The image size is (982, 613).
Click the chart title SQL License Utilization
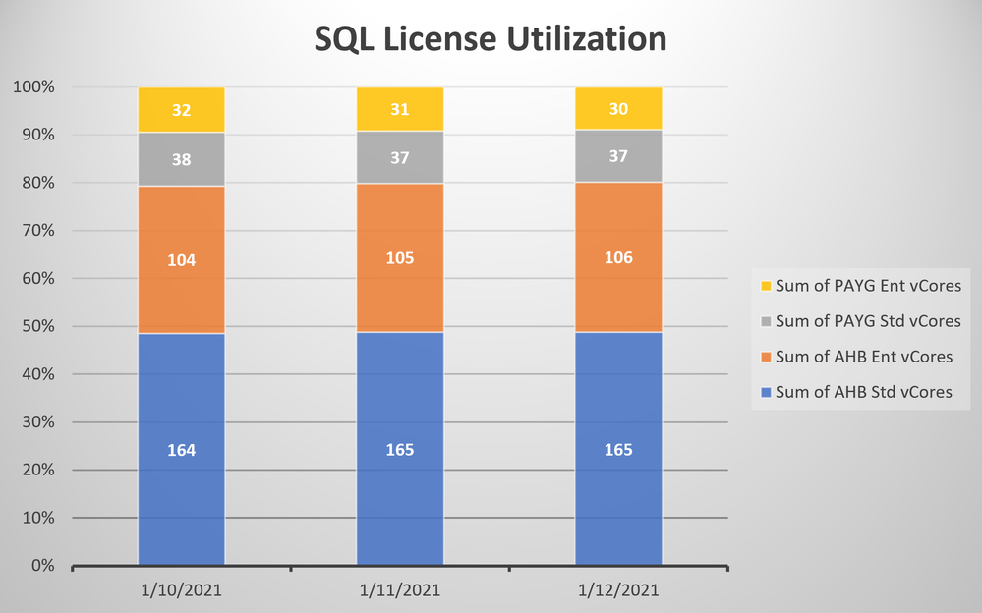click(491, 38)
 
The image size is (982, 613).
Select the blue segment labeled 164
click(182, 450)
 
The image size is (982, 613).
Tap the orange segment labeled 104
click(182, 260)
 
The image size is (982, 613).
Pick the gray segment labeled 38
click(182, 158)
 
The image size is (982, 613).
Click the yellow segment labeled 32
click(182, 110)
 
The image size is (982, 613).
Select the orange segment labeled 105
click(399, 258)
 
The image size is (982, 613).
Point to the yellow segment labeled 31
click(399, 110)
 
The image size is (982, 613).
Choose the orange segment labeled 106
click(617, 257)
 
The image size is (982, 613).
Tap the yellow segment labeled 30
click(617, 109)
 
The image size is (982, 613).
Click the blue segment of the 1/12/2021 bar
click(617, 450)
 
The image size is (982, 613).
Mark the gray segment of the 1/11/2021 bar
click(399, 157)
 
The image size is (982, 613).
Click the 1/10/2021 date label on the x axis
click(182, 590)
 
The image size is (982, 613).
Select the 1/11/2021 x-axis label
click(399, 590)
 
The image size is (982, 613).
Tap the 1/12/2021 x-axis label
click(617, 590)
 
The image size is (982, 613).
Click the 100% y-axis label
click(34, 86)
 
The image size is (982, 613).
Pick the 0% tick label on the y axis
click(42, 566)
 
